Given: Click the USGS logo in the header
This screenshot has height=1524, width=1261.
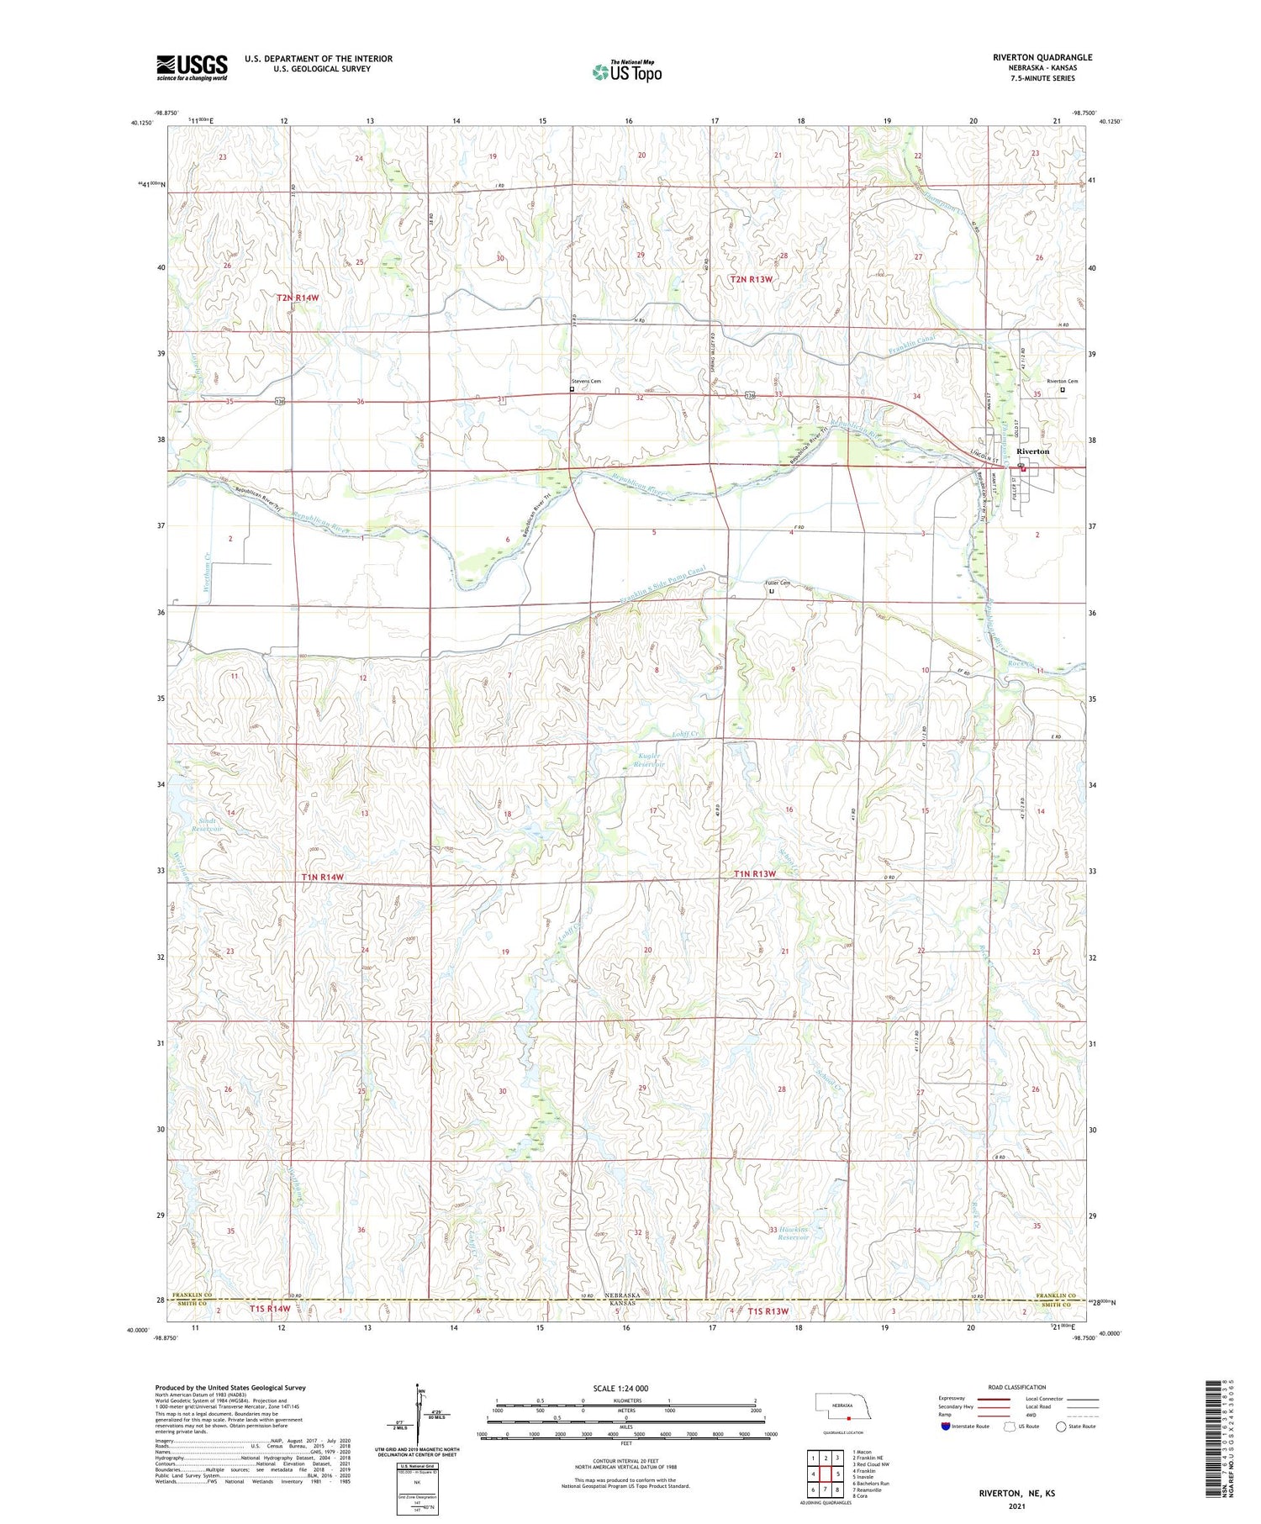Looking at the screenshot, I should pyautogui.click(x=192, y=67).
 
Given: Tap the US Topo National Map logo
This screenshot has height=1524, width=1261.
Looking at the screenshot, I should pyautogui.click(x=626, y=71).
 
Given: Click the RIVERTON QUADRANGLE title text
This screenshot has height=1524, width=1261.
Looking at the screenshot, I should pyautogui.click(x=1042, y=57).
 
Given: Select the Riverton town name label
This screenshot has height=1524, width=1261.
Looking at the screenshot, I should pyautogui.click(x=1032, y=451).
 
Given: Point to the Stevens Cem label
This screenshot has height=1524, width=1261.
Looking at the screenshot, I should pyautogui.click(x=586, y=381).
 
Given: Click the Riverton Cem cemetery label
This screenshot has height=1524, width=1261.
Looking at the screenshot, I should pyautogui.click(x=1061, y=381).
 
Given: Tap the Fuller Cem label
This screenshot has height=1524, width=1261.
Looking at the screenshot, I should pyautogui.click(x=777, y=583).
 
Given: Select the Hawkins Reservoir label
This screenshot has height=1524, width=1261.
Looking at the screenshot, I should pyautogui.click(x=793, y=1233).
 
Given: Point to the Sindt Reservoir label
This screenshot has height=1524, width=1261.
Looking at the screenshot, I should pyautogui.click(x=207, y=824).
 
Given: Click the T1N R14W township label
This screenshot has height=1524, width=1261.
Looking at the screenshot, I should pyautogui.click(x=322, y=877).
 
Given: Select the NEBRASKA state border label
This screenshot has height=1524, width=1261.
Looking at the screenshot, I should pyautogui.click(x=623, y=1295).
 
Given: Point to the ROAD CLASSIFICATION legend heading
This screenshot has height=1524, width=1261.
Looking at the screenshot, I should pyautogui.click(x=1016, y=1387).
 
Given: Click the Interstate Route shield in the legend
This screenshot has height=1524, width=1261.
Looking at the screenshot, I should pyautogui.click(x=945, y=1426).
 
